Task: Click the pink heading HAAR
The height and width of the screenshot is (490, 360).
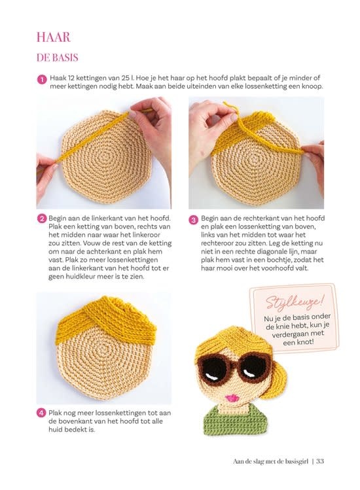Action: tap(54, 37)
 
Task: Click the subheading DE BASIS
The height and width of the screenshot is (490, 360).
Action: tap(57, 58)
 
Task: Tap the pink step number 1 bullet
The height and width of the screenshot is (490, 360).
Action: tap(41, 80)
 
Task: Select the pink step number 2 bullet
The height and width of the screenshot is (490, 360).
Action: tap(41, 219)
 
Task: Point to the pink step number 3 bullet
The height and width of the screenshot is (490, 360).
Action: tap(193, 220)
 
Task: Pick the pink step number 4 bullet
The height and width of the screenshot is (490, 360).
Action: tap(41, 413)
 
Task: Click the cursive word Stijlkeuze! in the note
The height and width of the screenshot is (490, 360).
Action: tap(293, 302)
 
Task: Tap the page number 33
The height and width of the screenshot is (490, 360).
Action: tap(319, 461)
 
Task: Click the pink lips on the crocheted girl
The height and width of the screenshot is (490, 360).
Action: tap(232, 398)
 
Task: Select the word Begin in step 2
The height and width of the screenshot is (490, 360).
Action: tap(58, 218)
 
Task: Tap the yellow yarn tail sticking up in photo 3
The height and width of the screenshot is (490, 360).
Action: tap(232, 109)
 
